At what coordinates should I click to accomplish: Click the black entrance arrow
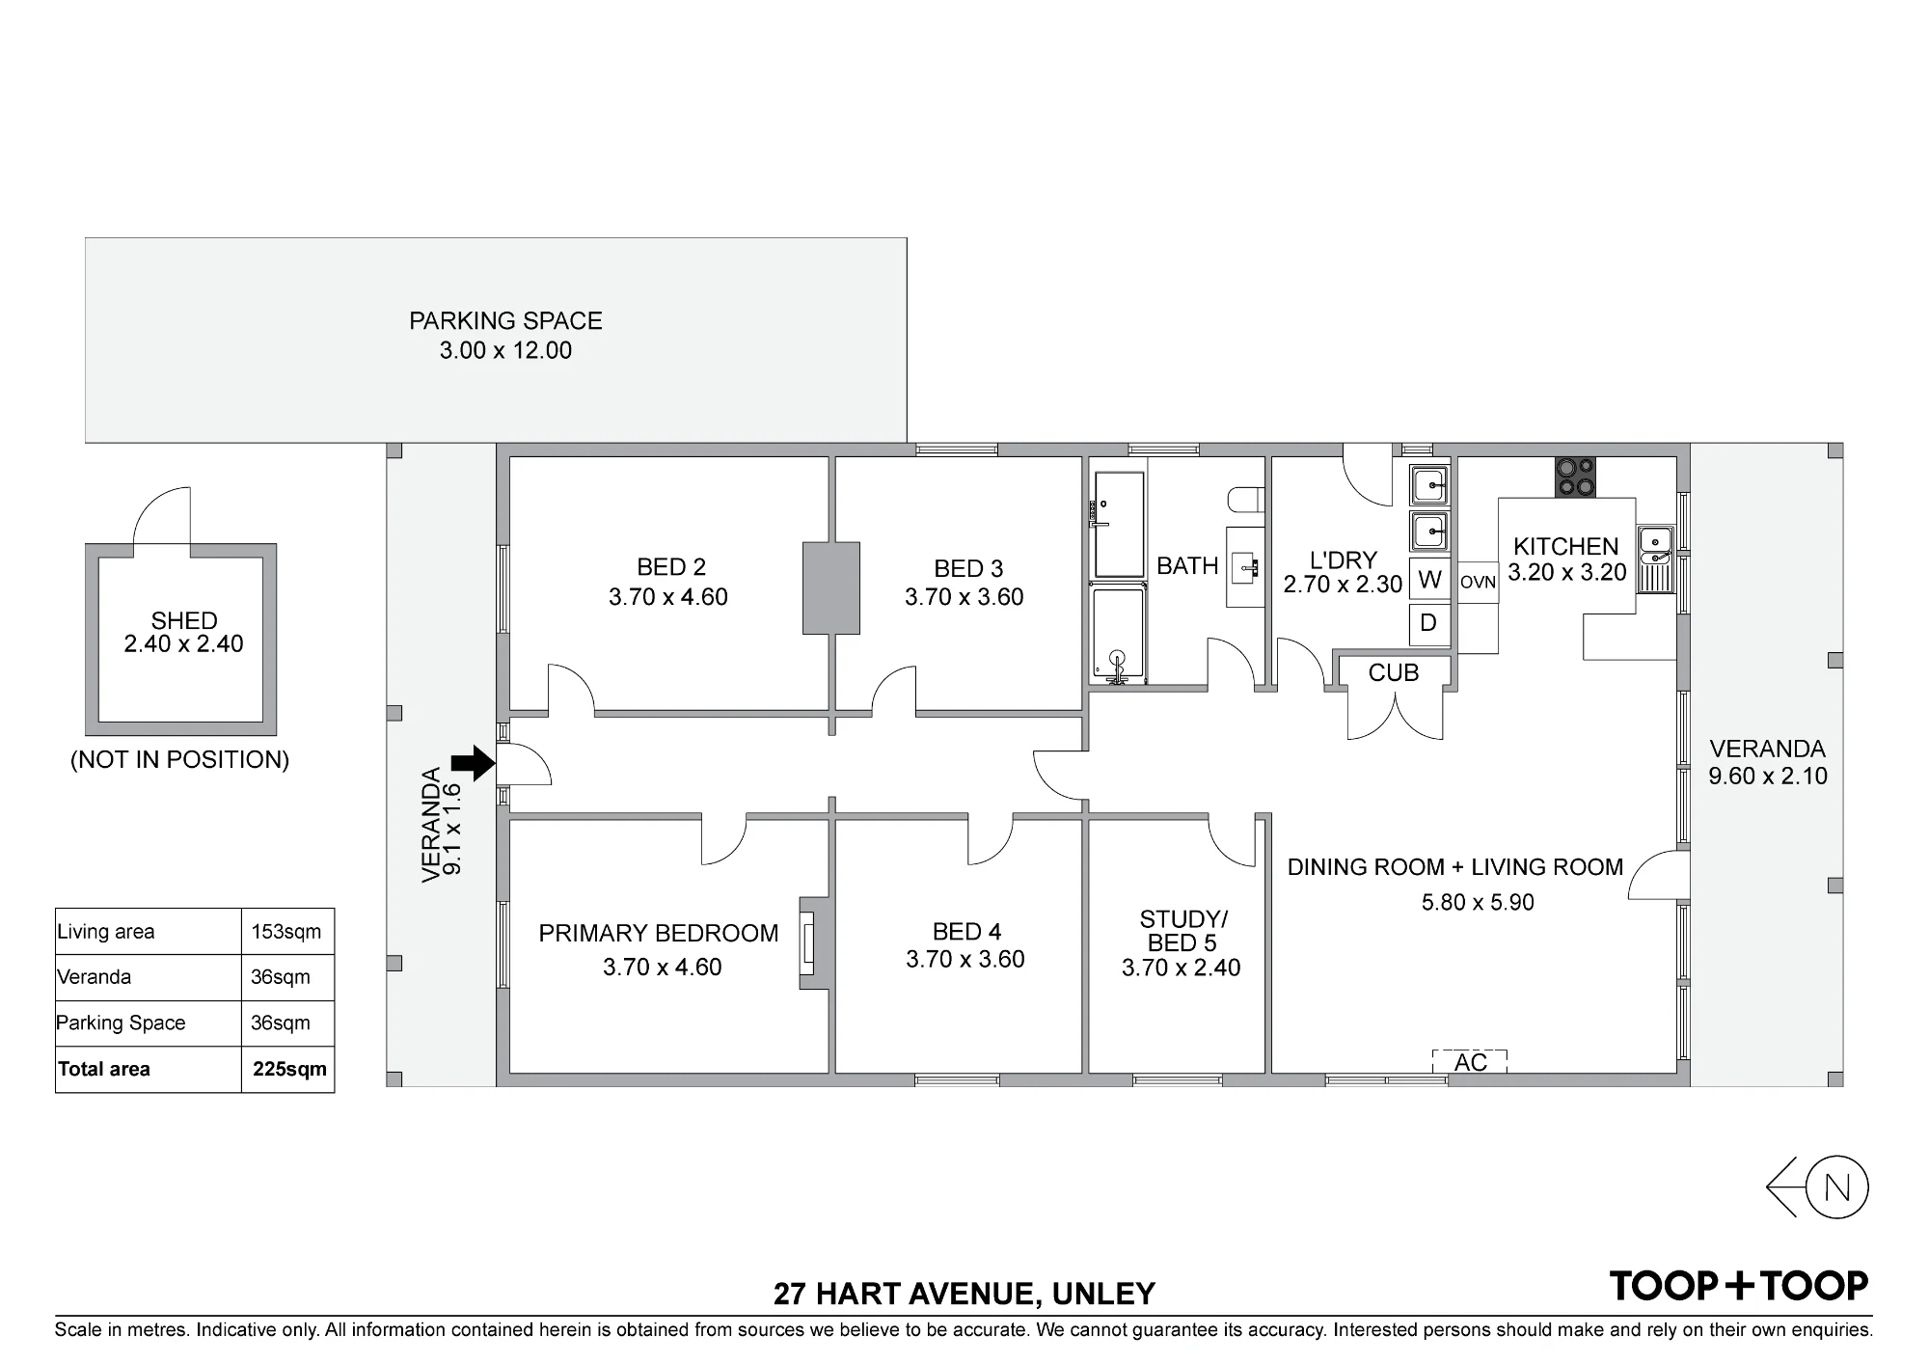[x=474, y=763]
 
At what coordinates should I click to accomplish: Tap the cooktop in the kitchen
[x=1575, y=477]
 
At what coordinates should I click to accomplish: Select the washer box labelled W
[x=1429, y=579]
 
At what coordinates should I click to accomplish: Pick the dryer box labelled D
[x=1429, y=623]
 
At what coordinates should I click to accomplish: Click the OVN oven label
[x=1478, y=583]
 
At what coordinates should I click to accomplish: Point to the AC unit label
[x=1470, y=1062]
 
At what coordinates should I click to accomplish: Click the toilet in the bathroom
[x=1246, y=500]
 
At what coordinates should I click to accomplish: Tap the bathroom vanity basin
[x=1245, y=567]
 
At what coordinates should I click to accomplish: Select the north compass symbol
[x=1817, y=1187]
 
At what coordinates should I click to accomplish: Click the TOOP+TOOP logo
[x=1739, y=1286]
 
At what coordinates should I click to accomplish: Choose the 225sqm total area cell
[x=289, y=1069]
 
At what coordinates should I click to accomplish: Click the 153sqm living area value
[x=285, y=932]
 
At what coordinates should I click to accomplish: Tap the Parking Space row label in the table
[x=121, y=1023]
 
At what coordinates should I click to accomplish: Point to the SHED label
[x=184, y=620]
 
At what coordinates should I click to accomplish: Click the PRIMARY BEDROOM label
[x=658, y=933]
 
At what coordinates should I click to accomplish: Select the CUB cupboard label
[x=1394, y=672]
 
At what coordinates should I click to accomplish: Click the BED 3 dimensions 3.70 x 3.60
[x=964, y=597]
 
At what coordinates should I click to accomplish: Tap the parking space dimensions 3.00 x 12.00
[x=505, y=350]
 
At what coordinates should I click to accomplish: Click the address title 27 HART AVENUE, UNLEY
[x=964, y=1293]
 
